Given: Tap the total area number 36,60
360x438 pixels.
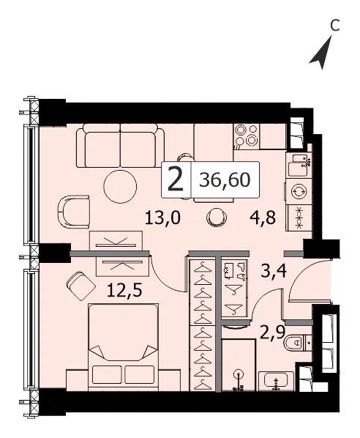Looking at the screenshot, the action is coord(225,179).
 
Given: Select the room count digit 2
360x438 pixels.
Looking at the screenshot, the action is coord(176,180).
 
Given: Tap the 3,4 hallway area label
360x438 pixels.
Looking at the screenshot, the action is coord(274,271).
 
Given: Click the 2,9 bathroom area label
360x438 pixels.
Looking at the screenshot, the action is coord(272,332).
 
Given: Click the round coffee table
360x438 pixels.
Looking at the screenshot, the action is coord(120,186).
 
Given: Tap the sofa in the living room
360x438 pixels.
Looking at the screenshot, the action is coord(121,146).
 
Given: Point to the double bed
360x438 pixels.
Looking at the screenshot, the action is coord(124,347).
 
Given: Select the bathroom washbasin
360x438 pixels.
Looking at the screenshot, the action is coord(276,382).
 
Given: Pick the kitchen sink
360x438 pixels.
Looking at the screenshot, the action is coord(298,165).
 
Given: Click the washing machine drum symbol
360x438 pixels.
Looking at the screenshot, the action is coord(299,191).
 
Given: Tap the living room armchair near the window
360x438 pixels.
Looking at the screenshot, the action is coord(73,212).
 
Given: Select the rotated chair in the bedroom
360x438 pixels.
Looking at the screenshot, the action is coord(81,286).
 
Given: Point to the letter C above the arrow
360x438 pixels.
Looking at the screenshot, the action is coord(334,25).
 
